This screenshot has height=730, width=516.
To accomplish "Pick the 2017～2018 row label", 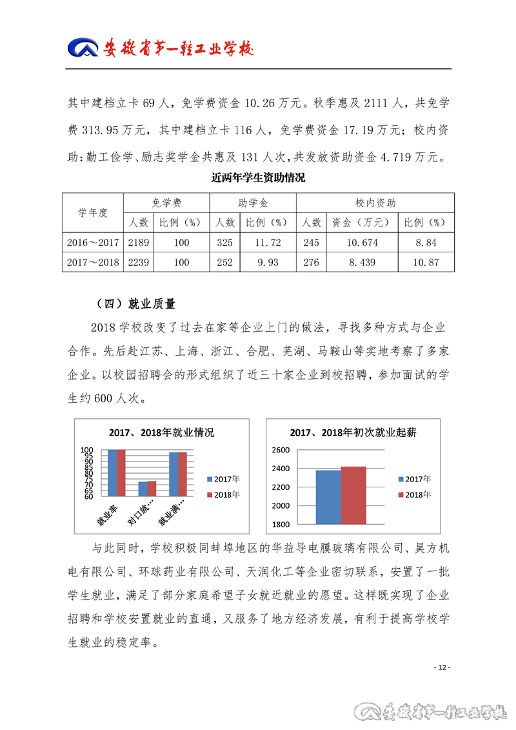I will click(94, 263).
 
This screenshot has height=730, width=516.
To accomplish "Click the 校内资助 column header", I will click(375, 203).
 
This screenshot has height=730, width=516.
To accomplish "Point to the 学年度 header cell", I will click(94, 212).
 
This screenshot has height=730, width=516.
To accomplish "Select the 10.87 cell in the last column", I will click(425, 263).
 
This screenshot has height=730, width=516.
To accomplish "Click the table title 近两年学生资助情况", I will click(258, 178).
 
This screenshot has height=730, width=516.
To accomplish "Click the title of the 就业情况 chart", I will click(161, 432).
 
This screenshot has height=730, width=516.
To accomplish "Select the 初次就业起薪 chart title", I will click(353, 432).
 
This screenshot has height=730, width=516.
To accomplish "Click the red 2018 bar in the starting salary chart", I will click(353, 495).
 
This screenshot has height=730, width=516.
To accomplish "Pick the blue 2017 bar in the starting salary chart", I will click(328, 497).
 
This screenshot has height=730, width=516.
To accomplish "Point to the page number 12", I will click(442, 667).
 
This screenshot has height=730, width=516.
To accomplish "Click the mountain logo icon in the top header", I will click(82, 48).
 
